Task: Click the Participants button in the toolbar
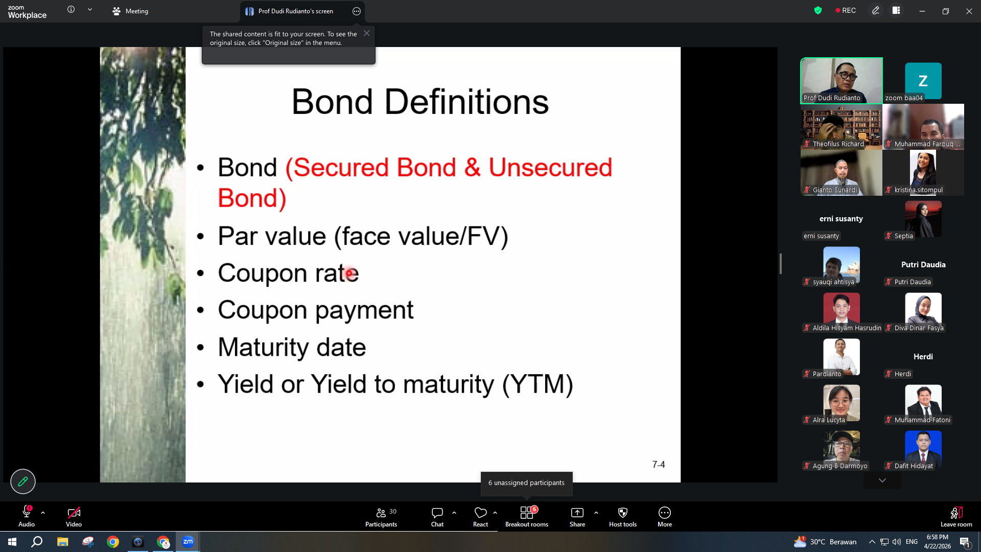coord(381,517)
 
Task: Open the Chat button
coord(437,517)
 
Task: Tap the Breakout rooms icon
coord(527,513)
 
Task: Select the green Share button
coord(577,517)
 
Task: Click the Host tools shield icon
coord(623,513)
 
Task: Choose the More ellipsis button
coord(665,513)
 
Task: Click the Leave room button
coord(956,517)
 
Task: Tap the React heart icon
coord(481,512)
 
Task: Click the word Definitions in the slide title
coord(466,102)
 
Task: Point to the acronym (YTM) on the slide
coord(538,384)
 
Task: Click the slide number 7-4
coord(659,465)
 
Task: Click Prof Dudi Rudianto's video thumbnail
coord(842,81)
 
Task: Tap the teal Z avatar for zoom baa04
coord(923,81)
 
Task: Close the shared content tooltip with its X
coord(367,33)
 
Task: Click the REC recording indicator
coord(846,11)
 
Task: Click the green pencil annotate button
coord(23,481)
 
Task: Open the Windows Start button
coord(12,542)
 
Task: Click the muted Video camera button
coord(74,517)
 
